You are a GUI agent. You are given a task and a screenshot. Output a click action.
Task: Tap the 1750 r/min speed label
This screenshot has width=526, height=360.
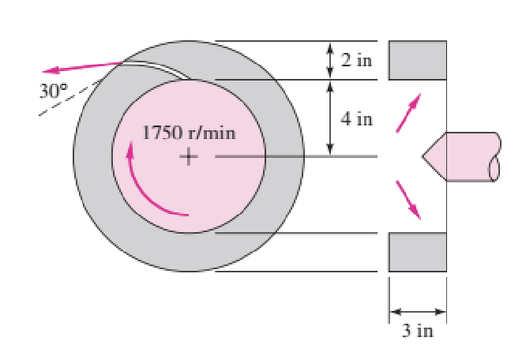[188, 132]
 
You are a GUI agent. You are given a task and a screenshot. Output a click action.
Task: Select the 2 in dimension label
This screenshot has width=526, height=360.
[357, 62]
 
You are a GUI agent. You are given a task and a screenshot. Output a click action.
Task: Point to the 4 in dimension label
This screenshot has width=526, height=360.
[357, 119]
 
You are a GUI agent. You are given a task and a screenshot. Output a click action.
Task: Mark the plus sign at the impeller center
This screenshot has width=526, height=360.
[188, 156]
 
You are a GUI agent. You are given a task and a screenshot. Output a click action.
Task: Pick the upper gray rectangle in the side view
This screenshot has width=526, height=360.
[417, 61]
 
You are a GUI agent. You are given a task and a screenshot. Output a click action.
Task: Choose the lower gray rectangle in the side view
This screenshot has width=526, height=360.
[417, 253]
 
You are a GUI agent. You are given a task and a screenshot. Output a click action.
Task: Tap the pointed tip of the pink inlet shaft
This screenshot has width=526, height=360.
[423, 156]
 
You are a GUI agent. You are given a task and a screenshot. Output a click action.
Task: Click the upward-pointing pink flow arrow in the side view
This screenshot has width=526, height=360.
[408, 114]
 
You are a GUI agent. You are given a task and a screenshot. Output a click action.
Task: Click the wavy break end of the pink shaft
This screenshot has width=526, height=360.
[495, 156]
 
